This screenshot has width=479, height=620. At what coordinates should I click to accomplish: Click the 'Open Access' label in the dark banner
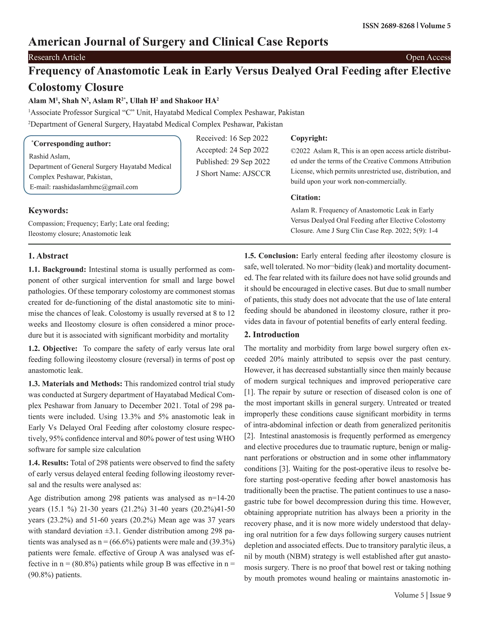tap(428, 57)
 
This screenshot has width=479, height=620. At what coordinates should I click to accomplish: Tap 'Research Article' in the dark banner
tap(57, 57)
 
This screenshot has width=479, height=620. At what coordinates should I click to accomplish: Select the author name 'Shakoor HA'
tap(197, 101)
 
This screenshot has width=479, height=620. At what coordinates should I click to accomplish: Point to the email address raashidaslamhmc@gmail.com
tap(95, 187)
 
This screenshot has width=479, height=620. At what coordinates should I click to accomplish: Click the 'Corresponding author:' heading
tap(72, 144)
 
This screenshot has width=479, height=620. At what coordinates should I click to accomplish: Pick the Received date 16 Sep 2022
tap(249, 138)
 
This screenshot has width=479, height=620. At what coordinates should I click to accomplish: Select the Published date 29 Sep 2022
tap(250, 161)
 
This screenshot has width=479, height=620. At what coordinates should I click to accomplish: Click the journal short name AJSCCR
tap(257, 173)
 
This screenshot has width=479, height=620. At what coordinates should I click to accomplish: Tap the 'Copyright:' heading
tap(309, 138)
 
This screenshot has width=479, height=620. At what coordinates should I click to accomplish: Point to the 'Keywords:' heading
tap(48, 211)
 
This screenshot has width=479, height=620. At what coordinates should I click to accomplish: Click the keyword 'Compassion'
tap(46, 223)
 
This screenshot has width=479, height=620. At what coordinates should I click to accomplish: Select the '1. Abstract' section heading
tap(48, 256)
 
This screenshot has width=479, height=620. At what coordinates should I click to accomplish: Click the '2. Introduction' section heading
tap(272, 334)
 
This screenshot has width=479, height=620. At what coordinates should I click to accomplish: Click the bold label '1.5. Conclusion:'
tap(271, 256)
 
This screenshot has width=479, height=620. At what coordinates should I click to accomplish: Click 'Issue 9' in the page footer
tap(440, 595)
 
